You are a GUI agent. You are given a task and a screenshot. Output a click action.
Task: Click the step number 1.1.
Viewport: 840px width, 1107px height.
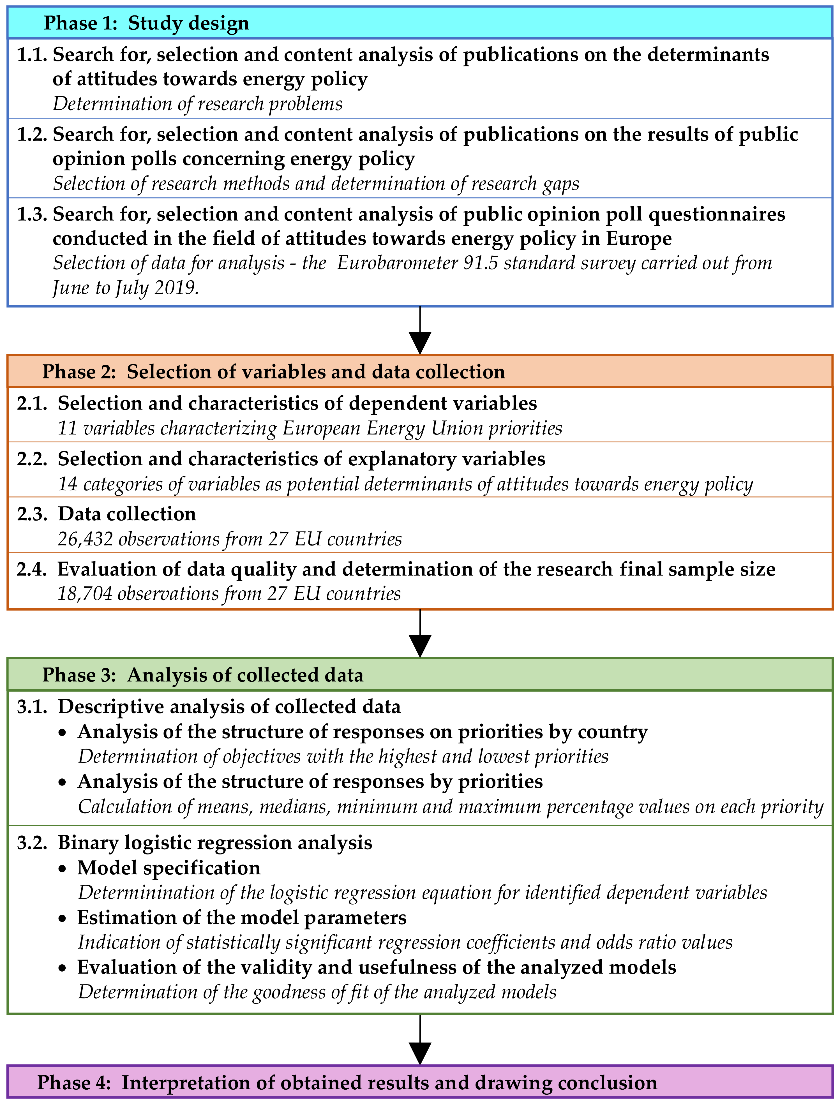(32, 55)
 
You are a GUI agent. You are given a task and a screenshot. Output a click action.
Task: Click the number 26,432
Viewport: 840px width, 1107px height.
(85, 539)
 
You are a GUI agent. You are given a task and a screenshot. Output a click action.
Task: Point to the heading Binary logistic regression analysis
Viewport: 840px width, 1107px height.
(215, 842)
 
